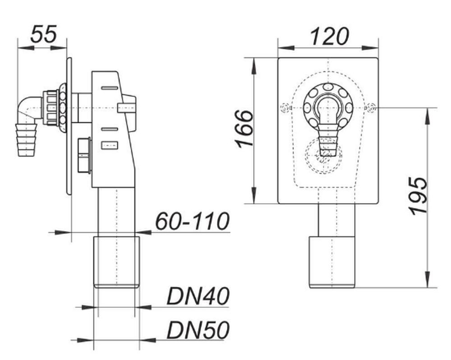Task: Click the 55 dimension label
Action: [44, 34]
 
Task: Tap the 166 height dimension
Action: [244, 129]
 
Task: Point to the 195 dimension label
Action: [419, 196]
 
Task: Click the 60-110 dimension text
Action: [193, 221]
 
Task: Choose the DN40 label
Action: [198, 296]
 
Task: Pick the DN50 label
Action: [198, 330]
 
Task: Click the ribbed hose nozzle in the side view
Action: [26, 139]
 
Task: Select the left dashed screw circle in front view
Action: [285, 108]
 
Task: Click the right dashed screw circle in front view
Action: [371, 108]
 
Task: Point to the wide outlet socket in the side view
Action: [117, 262]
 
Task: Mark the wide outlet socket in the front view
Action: [332, 262]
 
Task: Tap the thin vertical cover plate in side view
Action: [69, 126]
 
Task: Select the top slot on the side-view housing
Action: [110, 88]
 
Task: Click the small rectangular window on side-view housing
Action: [110, 145]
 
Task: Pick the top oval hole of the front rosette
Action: [328, 87]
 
